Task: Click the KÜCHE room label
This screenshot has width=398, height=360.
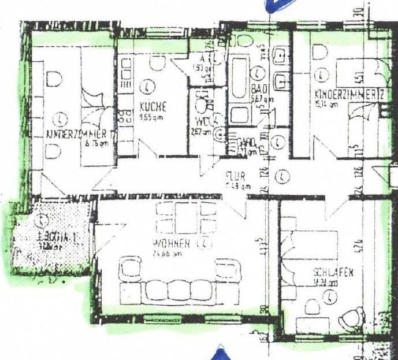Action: coord(152,107)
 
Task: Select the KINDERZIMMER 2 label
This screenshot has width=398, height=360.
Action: coord(346,94)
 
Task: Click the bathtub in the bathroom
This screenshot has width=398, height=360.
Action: coord(239,81)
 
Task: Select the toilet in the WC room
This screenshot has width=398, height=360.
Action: coord(202,106)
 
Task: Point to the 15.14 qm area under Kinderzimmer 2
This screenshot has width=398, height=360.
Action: coord(326,104)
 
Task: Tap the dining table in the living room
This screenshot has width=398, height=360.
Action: coord(185,217)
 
